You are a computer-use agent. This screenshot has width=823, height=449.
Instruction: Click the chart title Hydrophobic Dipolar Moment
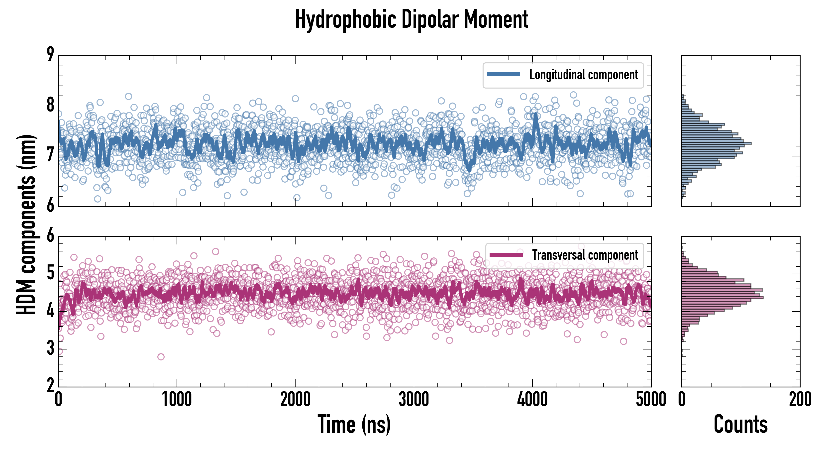click(411, 20)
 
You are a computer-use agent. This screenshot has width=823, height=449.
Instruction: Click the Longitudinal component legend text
click(583, 75)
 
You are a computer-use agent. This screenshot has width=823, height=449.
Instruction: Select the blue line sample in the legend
click(503, 75)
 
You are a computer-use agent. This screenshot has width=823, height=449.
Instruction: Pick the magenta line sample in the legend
click(506, 255)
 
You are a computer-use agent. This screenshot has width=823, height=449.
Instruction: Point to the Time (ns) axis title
click(354, 424)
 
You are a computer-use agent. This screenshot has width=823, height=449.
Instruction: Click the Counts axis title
click(740, 424)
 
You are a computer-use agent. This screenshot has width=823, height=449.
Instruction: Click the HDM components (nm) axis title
click(26, 224)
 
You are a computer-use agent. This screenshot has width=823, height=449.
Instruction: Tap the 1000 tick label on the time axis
click(177, 399)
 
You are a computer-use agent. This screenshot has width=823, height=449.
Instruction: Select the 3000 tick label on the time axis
click(414, 399)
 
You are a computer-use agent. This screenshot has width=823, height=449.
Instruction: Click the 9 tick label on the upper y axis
click(50, 55)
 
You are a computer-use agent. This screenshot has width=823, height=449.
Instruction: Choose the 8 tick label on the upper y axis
click(50, 105)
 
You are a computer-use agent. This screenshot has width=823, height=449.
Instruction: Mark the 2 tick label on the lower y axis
click(50, 385)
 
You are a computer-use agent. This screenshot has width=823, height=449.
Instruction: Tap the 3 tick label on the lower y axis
click(50, 348)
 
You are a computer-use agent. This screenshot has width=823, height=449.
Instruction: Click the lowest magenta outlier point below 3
click(161, 357)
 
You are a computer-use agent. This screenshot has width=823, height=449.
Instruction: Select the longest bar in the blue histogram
click(716, 143)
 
